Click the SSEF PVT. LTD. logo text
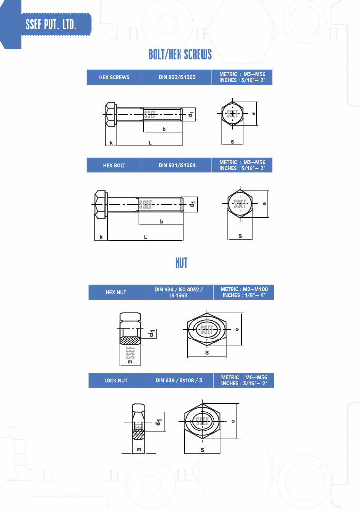click(x=51, y=24)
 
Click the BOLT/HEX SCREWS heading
click(x=180, y=55)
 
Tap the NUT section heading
click(x=181, y=263)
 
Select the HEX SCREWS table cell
click(x=114, y=77)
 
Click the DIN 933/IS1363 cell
click(x=177, y=77)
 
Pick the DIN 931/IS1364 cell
click(x=177, y=165)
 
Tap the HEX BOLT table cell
click(x=114, y=165)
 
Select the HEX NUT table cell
click(x=116, y=292)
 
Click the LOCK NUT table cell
click(x=116, y=380)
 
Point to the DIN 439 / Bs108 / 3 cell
click(x=179, y=380)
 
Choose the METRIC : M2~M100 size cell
click(x=244, y=292)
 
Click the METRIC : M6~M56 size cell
click(x=244, y=380)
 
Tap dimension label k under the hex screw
click(x=111, y=143)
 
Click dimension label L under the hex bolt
click(x=145, y=237)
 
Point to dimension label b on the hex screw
click(x=164, y=129)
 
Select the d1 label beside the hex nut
click(x=152, y=333)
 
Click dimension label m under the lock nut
click(x=139, y=449)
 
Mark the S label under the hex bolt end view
click(x=240, y=236)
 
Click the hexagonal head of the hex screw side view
click(x=111, y=114)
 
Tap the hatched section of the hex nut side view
click(x=130, y=340)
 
